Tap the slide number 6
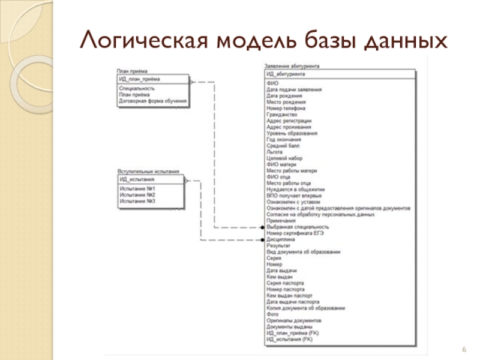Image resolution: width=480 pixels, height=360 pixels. point(464,349)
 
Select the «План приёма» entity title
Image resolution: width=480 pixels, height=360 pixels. point(132,71)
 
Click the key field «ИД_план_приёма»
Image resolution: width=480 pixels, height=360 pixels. point(140,79)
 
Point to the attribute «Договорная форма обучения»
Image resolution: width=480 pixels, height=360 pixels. point(149,101)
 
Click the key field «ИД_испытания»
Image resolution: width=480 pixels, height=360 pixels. point(137,179)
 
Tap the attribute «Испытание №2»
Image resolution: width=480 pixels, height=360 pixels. point(137,195)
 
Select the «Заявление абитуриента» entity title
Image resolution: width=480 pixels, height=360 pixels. point(292,66)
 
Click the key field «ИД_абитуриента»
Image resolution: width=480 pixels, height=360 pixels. point(286,74)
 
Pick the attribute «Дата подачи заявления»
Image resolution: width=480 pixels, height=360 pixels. point(294,89)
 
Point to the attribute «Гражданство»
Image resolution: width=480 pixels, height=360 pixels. point(281,115)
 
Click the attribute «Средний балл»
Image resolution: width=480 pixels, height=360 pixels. point(283,146)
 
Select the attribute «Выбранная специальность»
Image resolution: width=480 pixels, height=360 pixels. point(298,227)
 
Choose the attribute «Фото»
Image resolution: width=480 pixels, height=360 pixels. point(272,314)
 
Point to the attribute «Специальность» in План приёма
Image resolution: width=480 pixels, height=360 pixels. point(137,89)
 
